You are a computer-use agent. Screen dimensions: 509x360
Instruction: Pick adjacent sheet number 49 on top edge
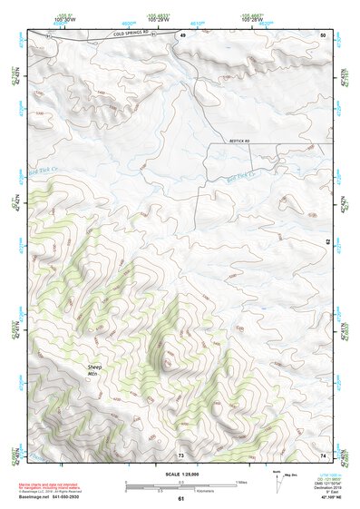point(181,34)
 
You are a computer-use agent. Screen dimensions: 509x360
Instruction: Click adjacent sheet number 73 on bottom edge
point(180,454)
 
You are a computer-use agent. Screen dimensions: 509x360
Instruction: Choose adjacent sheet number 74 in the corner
point(323,454)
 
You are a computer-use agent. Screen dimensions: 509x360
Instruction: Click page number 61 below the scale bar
point(180,498)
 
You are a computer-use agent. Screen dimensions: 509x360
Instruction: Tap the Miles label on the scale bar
point(241,482)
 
